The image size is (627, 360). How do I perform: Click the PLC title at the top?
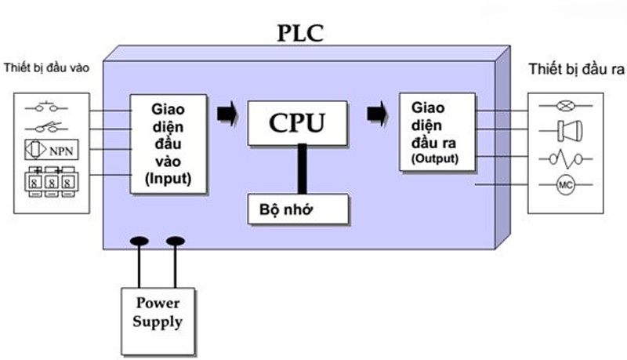coord(299,33)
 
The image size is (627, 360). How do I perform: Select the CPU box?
coord(297,122)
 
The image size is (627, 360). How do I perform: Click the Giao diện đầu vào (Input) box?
coord(169,144)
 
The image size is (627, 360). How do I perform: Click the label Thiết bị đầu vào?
coord(46,68)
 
